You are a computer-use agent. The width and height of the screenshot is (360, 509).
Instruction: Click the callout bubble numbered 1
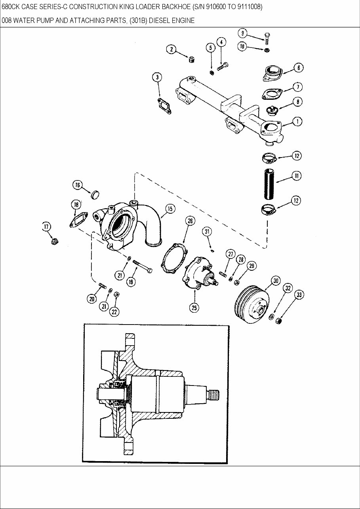[x=297, y=122]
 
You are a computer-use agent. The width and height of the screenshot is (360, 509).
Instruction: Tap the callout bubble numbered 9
[x=243, y=33]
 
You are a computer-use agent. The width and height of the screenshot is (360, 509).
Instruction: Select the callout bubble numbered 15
[x=170, y=209]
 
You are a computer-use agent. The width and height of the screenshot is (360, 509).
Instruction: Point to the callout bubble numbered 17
[x=46, y=226]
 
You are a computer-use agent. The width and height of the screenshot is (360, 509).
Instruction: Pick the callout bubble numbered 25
[x=194, y=307]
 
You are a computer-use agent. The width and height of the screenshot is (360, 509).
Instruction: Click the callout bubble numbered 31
[x=206, y=231]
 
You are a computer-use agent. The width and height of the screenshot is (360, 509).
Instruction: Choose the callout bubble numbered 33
[x=299, y=295]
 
